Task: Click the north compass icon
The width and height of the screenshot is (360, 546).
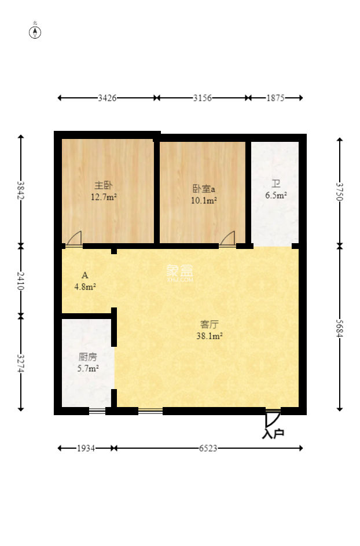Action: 35,32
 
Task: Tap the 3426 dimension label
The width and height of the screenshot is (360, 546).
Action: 108,98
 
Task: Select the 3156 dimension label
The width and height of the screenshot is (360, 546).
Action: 202,98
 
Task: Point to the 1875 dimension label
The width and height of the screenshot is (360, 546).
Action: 275,98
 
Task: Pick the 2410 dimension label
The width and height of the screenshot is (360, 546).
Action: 21,281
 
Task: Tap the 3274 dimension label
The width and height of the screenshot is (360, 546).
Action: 21,363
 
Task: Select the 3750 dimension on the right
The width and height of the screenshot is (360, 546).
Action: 339,191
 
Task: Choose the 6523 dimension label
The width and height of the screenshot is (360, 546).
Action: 208,448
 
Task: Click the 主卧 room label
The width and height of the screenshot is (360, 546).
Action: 104,185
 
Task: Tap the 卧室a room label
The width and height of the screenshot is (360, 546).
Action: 204,189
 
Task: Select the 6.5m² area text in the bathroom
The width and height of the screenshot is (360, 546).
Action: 276,196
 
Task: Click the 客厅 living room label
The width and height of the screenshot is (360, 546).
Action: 208,324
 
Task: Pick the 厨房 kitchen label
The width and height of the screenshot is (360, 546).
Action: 88,357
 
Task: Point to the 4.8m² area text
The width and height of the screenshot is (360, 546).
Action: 85,285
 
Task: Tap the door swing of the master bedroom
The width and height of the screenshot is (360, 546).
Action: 74,239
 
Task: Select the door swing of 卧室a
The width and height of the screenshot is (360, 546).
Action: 227,239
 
